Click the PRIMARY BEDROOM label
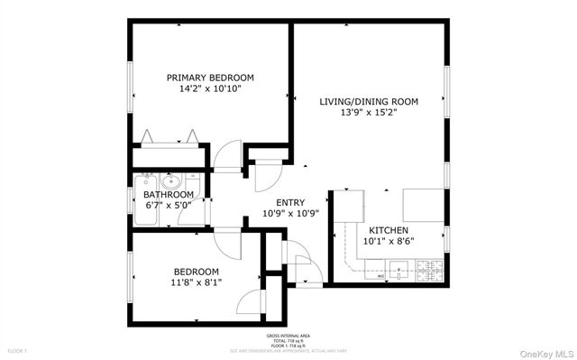click(x=210, y=78)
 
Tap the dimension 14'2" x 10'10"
click(x=210, y=89)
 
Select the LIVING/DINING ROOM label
click(x=369, y=102)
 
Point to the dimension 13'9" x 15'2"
click(x=369, y=114)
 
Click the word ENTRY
click(x=289, y=203)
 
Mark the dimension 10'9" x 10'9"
click(x=289, y=215)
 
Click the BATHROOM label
click(x=169, y=195)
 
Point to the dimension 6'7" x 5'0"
click(x=169, y=206)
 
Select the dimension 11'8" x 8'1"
click(x=196, y=283)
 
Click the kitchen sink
click(x=398, y=268)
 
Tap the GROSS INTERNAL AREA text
click(x=288, y=335)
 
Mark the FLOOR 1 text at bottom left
click(x=18, y=350)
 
